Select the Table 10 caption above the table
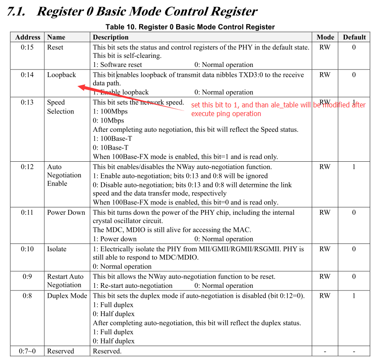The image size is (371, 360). tap(190, 27)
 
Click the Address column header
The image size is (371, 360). tap(28, 37)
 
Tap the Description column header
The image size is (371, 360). tap(110, 37)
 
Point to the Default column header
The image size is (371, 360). tap(354, 37)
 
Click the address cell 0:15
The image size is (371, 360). tap(27, 47)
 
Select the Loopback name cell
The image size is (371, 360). tap(61, 75)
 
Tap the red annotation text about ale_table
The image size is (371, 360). tap(278, 109)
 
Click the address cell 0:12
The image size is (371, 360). tap(27, 167)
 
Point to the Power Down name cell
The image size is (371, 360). tap(66, 213)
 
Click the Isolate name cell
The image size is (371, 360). tap(57, 249)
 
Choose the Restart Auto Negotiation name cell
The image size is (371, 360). tap(65, 281)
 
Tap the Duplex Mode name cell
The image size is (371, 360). tap(67, 296)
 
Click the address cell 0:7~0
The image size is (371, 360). tap(27, 351)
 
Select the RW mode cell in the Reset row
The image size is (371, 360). tap(325, 47)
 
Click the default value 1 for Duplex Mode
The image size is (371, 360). tap(354, 296)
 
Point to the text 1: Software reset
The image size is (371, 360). tap(117, 65)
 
